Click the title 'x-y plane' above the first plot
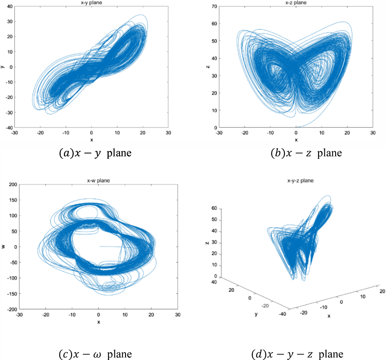point(91,3)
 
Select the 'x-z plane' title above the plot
point(296,3)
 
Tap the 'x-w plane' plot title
point(98,181)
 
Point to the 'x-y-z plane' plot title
point(300,181)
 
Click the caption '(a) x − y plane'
point(95,153)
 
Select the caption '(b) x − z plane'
point(306,153)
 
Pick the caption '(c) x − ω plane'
point(95,354)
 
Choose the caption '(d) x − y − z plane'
point(297,354)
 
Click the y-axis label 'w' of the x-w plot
point(4,247)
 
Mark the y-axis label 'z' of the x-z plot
point(207,67)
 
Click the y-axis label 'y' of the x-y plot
point(3,67)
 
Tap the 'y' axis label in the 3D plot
point(256,314)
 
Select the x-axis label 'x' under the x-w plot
point(98,322)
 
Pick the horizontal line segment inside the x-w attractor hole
point(111,247)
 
